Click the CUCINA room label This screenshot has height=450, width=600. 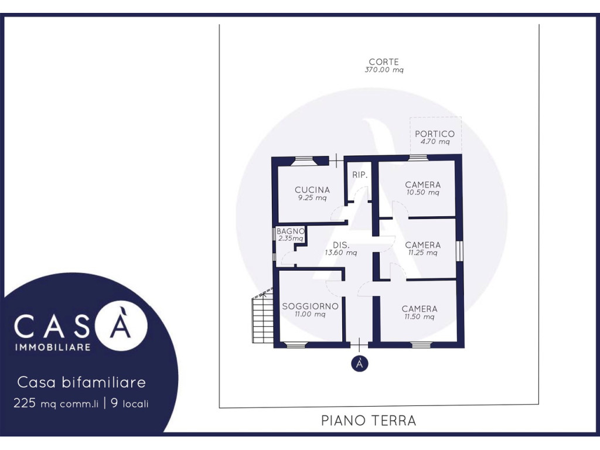point(312,190)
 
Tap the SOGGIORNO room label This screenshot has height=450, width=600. point(311,306)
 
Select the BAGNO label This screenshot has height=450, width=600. point(291,231)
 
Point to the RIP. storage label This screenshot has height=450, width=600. point(360,175)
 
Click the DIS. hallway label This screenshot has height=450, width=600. point(341,245)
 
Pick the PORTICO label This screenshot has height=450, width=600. point(435,134)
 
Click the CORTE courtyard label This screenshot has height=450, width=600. point(384,62)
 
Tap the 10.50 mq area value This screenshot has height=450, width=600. point(423,192)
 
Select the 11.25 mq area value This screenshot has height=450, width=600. point(423,253)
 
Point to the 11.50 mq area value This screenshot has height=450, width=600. point(420,316)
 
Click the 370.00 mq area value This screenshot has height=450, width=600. point(384,70)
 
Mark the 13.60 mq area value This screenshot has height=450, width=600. point(341,253)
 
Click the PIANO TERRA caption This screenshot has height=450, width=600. point(369,421)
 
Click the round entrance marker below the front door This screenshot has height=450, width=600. point(360,363)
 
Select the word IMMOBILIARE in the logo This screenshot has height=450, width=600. point(53,347)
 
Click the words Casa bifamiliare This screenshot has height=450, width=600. point(81,382)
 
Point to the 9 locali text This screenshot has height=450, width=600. point(129,403)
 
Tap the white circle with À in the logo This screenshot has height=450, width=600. point(121,325)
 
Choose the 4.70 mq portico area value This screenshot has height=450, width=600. point(435,142)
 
